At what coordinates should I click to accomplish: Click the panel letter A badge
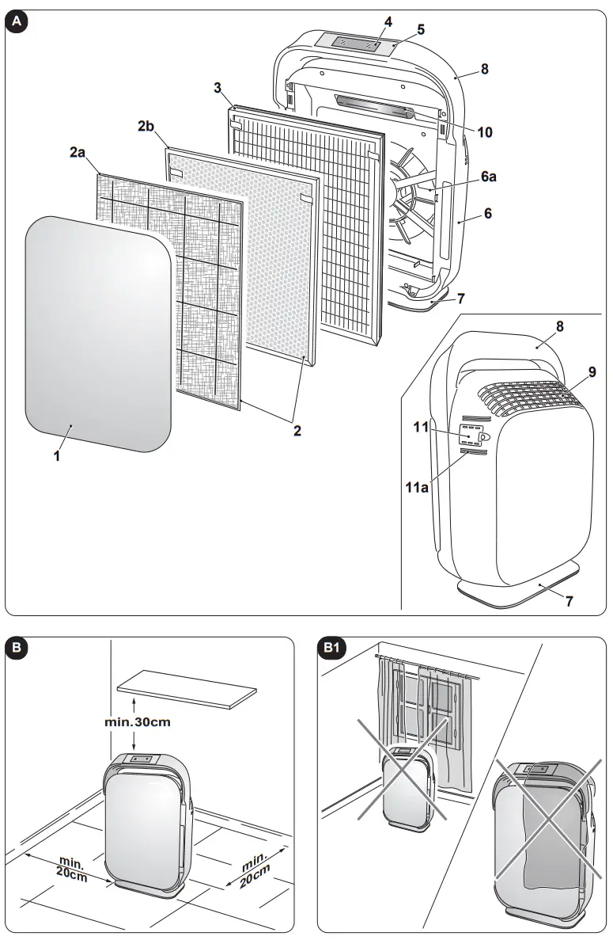pyautogui.click(x=17, y=22)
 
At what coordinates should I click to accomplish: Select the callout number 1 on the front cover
pyautogui.click(x=56, y=456)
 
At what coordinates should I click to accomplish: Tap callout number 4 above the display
pyautogui.click(x=388, y=22)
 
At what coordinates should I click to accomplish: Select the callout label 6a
pyautogui.click(x=489, y=178)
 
